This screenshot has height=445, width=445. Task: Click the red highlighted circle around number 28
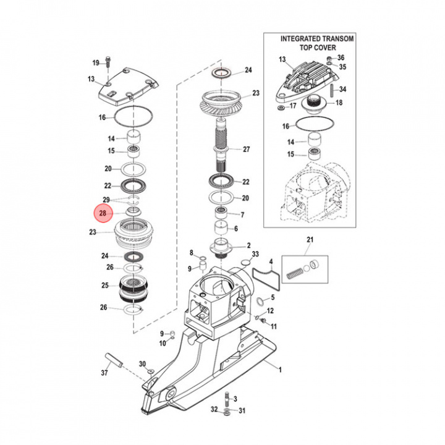(x=103, y=214)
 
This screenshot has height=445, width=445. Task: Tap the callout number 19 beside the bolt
(x=96, y=63)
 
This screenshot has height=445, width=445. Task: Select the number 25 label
(x=104, y=286)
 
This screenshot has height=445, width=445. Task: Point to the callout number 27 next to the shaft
(x=246, y=150)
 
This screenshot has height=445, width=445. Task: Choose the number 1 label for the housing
(x=279, y=370)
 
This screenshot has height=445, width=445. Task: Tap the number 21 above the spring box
(x=310, y=240)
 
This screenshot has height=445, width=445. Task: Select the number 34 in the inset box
(x=342, y=90)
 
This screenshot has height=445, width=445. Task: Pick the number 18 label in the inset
(x=338, y=103)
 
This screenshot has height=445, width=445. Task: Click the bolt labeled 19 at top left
(x=108, y=63)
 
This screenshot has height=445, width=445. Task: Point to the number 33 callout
(x=255, y=254)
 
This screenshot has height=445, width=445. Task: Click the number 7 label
(x=242, y=215)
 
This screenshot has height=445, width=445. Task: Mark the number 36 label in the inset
(x=341, y=57)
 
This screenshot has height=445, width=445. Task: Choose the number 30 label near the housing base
(x=142, y=363)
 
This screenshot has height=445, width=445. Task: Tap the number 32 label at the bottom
(x=214, y=410)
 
